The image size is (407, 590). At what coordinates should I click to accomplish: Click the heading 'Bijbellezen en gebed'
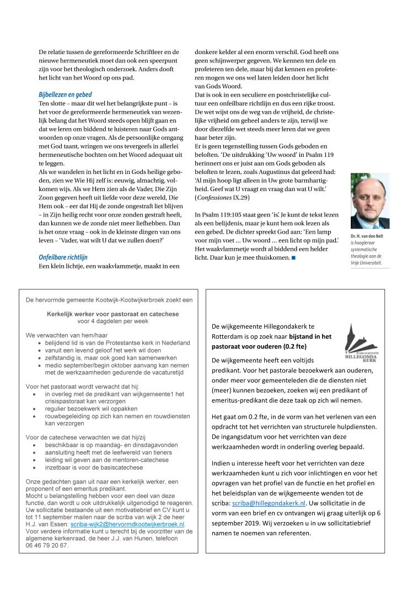click(65, 95)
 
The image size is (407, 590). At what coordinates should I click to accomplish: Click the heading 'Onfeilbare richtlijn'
click(63, 257)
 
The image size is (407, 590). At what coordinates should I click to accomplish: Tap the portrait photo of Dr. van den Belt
click(369, 201)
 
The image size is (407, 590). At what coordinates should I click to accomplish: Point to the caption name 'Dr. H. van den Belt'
click(369, 236)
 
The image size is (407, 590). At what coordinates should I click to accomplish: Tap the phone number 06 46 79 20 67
click(47, 545)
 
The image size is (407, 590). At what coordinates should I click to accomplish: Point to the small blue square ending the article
click(294, 257)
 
